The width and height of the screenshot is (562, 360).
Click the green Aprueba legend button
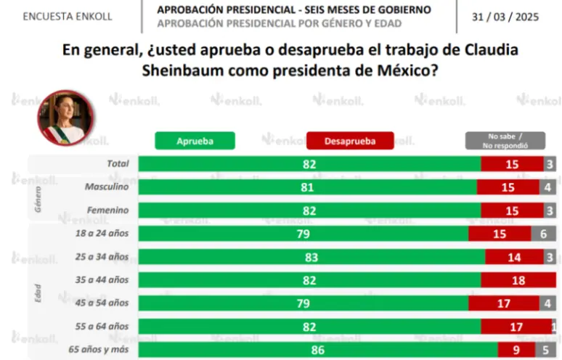tap(195, 141)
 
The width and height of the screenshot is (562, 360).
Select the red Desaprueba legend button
tap(350, 141)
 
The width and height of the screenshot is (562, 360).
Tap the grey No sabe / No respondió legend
tap(505, 141)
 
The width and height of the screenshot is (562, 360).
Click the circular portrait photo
tap(65, 118)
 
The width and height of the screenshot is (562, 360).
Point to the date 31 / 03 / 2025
tap(505, 17)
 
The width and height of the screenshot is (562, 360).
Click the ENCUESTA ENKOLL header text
tap(68, 17)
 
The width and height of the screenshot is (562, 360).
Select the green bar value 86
tap(318, 350)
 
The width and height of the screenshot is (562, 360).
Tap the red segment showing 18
tap(518, 280)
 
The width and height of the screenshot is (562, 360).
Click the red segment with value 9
tap(516, 350)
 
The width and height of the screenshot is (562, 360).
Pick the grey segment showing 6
tap(543, 234)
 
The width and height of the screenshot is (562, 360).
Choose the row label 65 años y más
tap(99, 349)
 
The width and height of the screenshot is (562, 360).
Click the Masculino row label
tap(107, 187)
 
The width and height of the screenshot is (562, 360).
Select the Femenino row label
tap(108, 210)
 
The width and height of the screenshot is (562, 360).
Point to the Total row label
tap(118, 163)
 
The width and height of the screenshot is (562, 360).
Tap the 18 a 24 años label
tap(102, 233)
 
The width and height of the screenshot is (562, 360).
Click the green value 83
tap(311, 257)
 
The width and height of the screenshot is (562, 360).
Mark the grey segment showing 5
tap(545, 350)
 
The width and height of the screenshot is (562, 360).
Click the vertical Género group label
tap(38, 199)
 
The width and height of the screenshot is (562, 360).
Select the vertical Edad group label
tap(38, 293)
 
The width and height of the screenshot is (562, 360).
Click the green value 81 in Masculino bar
tap(307, 187)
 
